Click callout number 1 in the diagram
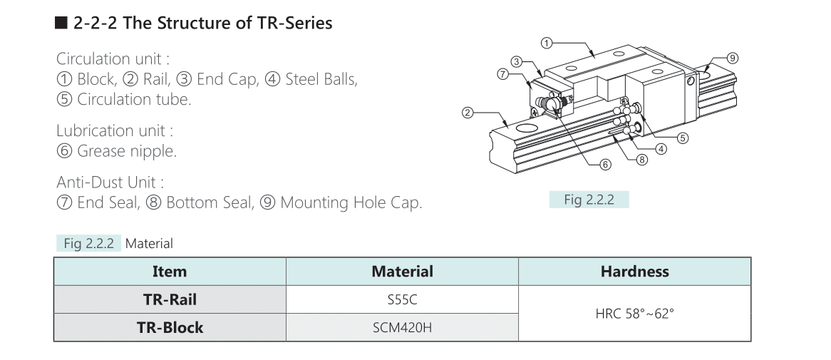point(547,42)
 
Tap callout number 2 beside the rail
point(467,113)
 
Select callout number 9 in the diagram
point(732,58)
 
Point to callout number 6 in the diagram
point(605,165)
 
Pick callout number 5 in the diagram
point(683,138)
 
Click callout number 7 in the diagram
point(503,74)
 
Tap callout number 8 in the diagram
point(642,159)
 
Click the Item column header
point(170,272)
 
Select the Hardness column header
point(634,272)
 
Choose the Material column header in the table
point(402,272)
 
